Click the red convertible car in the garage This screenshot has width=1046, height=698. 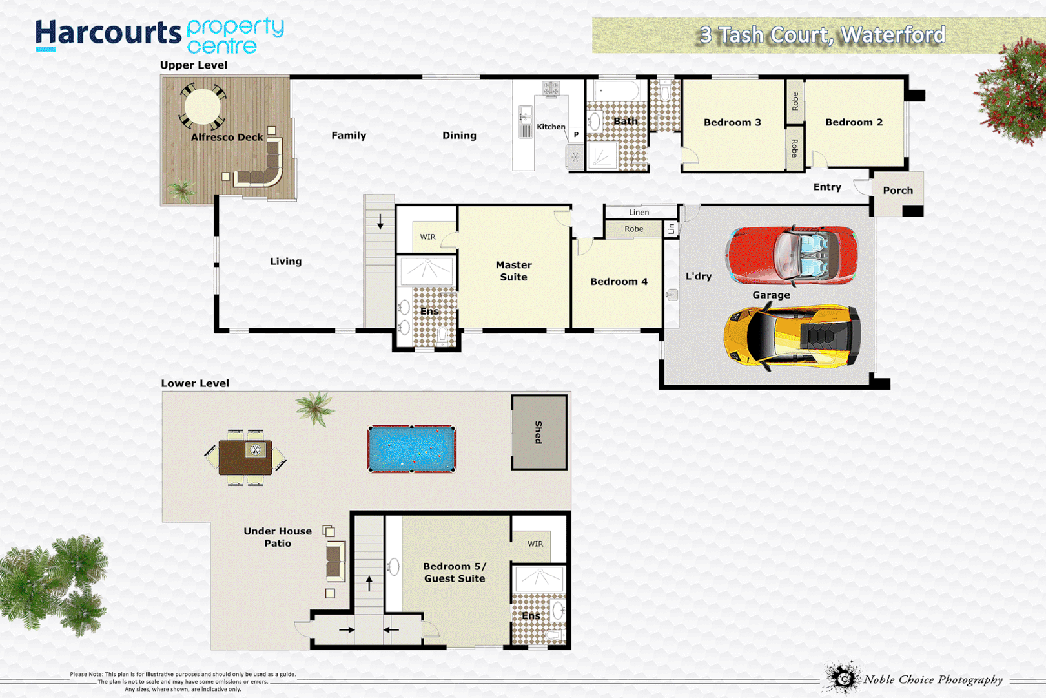click(792, 255)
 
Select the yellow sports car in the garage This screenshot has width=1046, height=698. click(793, 336)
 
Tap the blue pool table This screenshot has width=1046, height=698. click(412, 449)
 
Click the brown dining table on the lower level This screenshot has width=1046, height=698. click(245, 458)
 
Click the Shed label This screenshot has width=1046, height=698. click(538, 432)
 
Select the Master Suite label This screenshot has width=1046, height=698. click(513, 271)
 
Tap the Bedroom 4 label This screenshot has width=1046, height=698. click(619, 282)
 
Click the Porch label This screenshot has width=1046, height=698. click(897, 191)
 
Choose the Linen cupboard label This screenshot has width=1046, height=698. click(639, 212)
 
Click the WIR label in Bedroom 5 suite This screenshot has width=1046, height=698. click(535, 544)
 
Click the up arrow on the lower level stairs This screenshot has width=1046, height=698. click(369, 583)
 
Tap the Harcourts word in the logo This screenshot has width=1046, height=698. click(108, 32)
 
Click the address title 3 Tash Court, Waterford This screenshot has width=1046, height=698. click(822, 35)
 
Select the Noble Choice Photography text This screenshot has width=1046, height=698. click(933, 679)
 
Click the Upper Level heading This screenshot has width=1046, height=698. click(194, 65)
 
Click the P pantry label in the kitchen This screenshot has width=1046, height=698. click(576, 134)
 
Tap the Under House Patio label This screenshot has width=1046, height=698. click(278, 537)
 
